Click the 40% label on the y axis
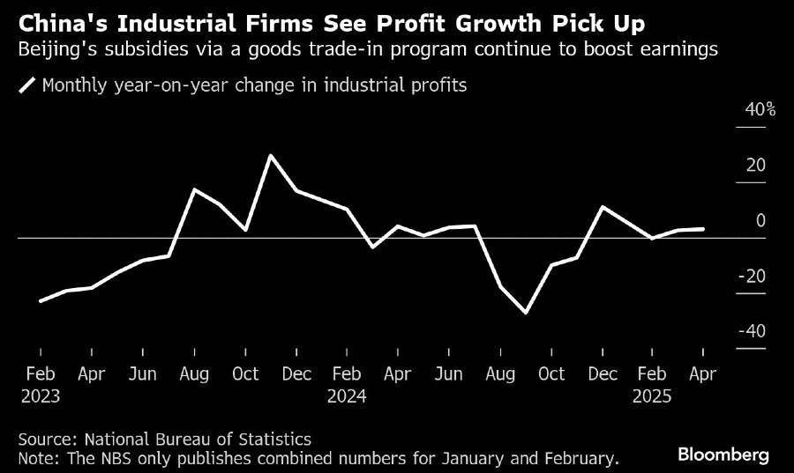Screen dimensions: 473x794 [759, 110]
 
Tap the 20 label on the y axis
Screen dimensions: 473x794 [756, 166]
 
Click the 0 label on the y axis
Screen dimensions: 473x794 [760, 221]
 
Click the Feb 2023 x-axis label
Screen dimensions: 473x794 [41, 385]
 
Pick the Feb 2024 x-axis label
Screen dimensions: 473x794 [346, 385]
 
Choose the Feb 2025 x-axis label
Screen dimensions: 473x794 [653, 385]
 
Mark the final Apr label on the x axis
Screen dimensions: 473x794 [703, 374]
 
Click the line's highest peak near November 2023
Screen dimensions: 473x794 [270, 156]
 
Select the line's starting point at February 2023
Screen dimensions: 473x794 [41, 301]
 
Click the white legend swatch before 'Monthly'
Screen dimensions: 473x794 [27, 85]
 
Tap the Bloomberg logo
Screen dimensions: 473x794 [723, 455]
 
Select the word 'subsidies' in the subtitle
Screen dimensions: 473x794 [119, 50]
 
